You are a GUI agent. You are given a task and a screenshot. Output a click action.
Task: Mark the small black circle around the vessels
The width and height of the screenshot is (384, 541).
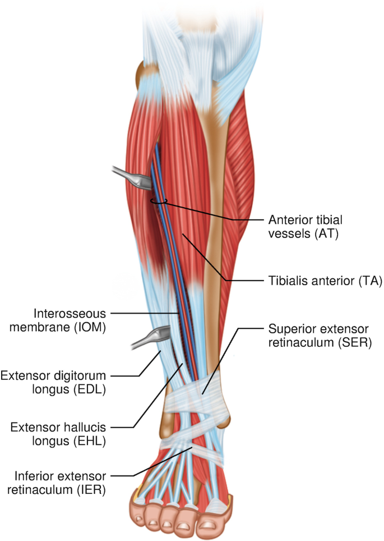[159, 200]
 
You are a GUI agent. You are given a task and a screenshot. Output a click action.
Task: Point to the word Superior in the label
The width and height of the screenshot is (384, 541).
[291, 329]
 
